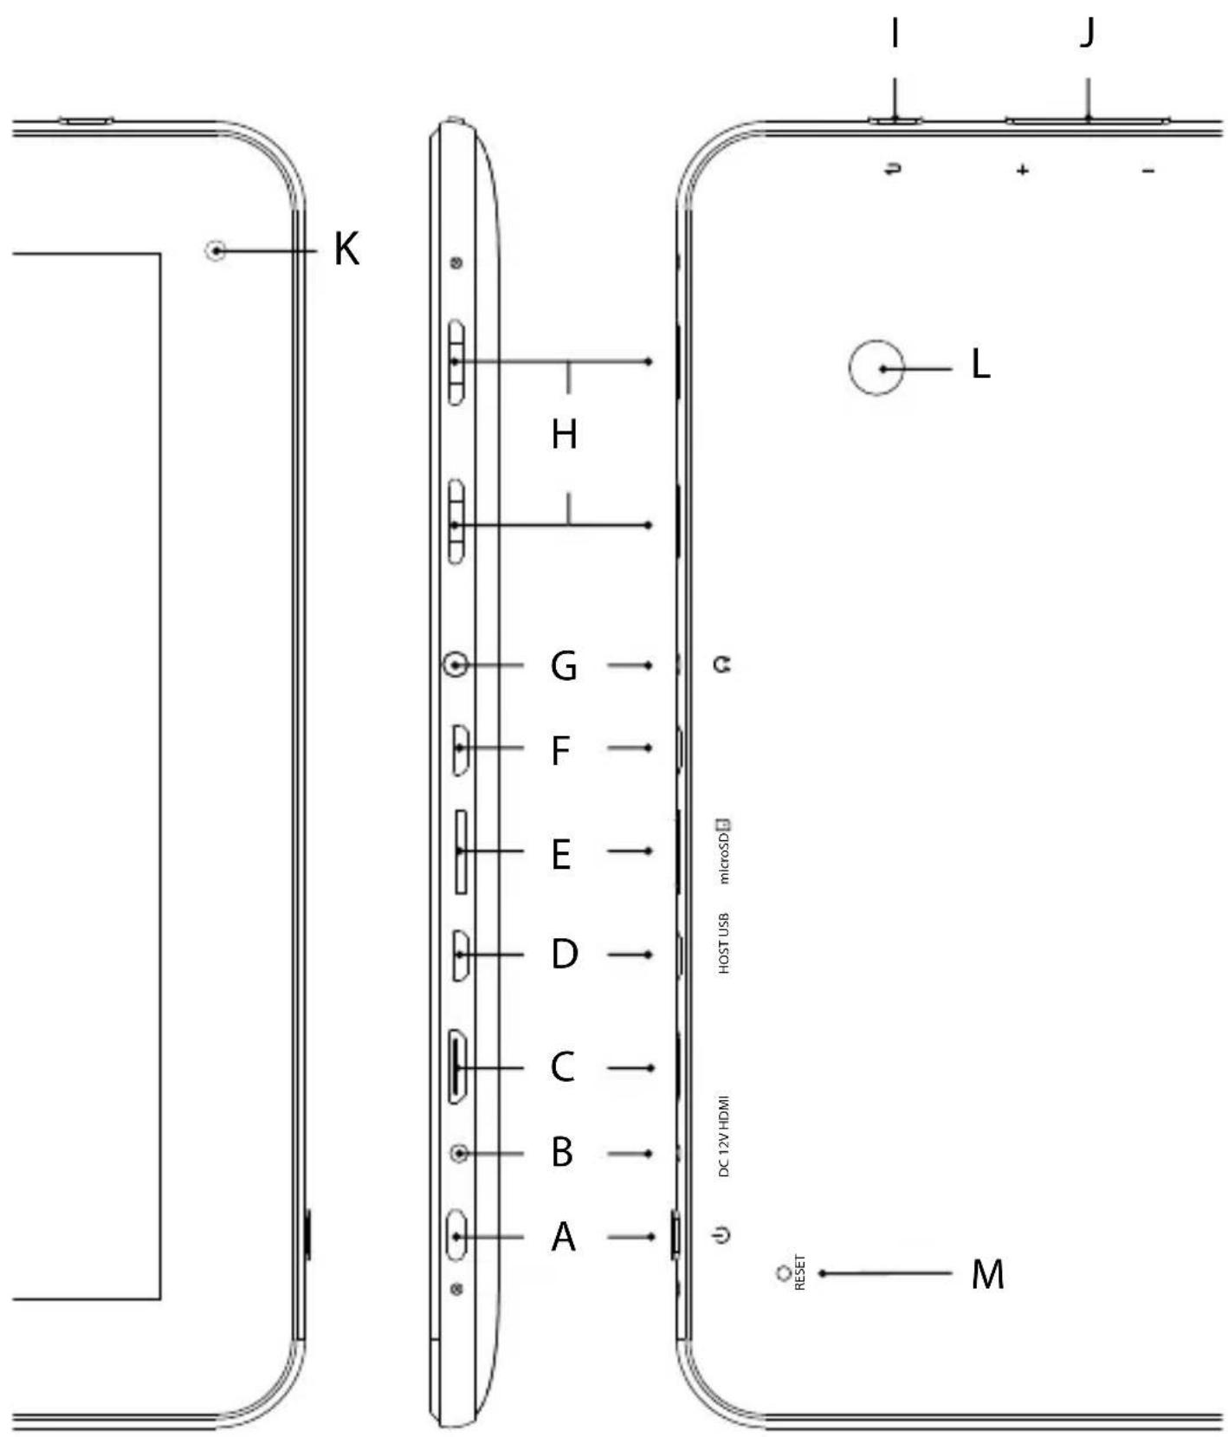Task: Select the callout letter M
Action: (x=987, y=1274)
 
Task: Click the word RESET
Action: (x=799, y=1272)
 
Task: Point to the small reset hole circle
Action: (x=785, y=1272)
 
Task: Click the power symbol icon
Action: (x=723, y=1234)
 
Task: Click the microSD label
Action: (x=724, y=851)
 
